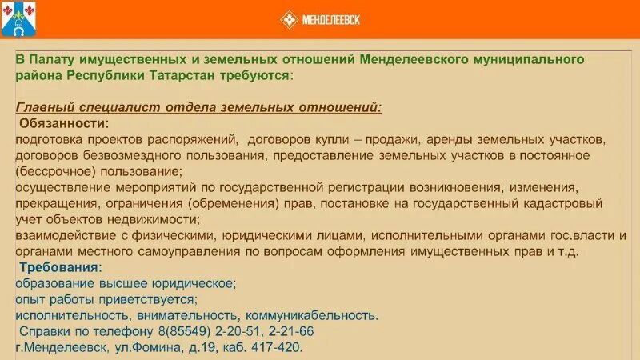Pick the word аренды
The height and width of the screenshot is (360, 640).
(x=486, y=139)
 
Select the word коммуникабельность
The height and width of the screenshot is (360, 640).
(x=312, y=315)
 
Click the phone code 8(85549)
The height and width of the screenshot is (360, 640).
(x=186, y=331)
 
